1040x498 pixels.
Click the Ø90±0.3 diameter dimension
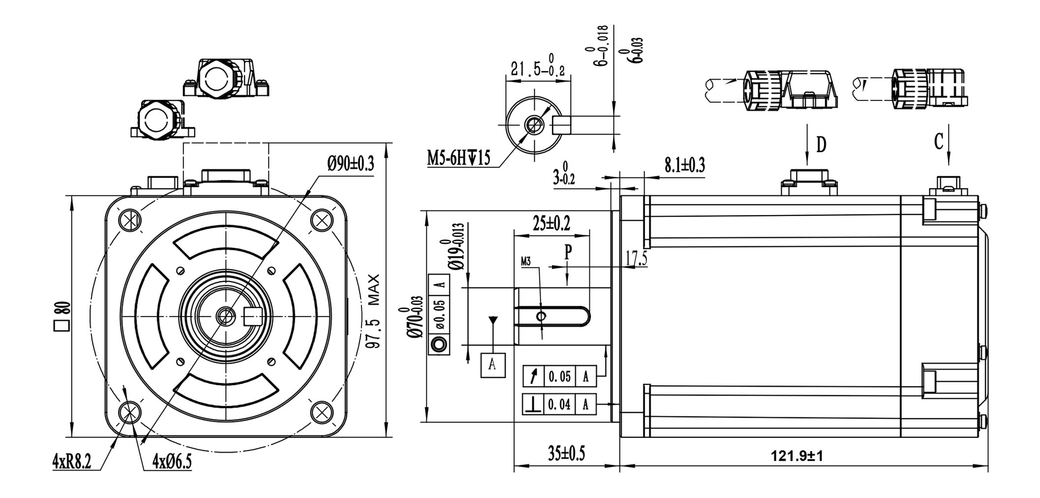(351, 163)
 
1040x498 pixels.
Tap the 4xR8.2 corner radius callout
(72, 462)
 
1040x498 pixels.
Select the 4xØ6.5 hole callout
(172, 462)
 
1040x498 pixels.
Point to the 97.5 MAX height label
(374, 311)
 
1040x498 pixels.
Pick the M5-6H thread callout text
(458, 158)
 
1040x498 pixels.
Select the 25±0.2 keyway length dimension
(551, 224)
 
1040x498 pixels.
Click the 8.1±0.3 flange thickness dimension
(684, 165)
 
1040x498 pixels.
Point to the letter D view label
(821, 145)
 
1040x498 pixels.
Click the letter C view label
(938, 142)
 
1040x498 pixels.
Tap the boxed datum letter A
(492, 365)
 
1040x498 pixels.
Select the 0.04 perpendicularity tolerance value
(559, 405)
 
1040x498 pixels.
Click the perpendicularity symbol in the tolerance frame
(533, 405)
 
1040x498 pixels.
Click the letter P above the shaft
(568, 252)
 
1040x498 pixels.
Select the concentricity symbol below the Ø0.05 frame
(439, 344)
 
